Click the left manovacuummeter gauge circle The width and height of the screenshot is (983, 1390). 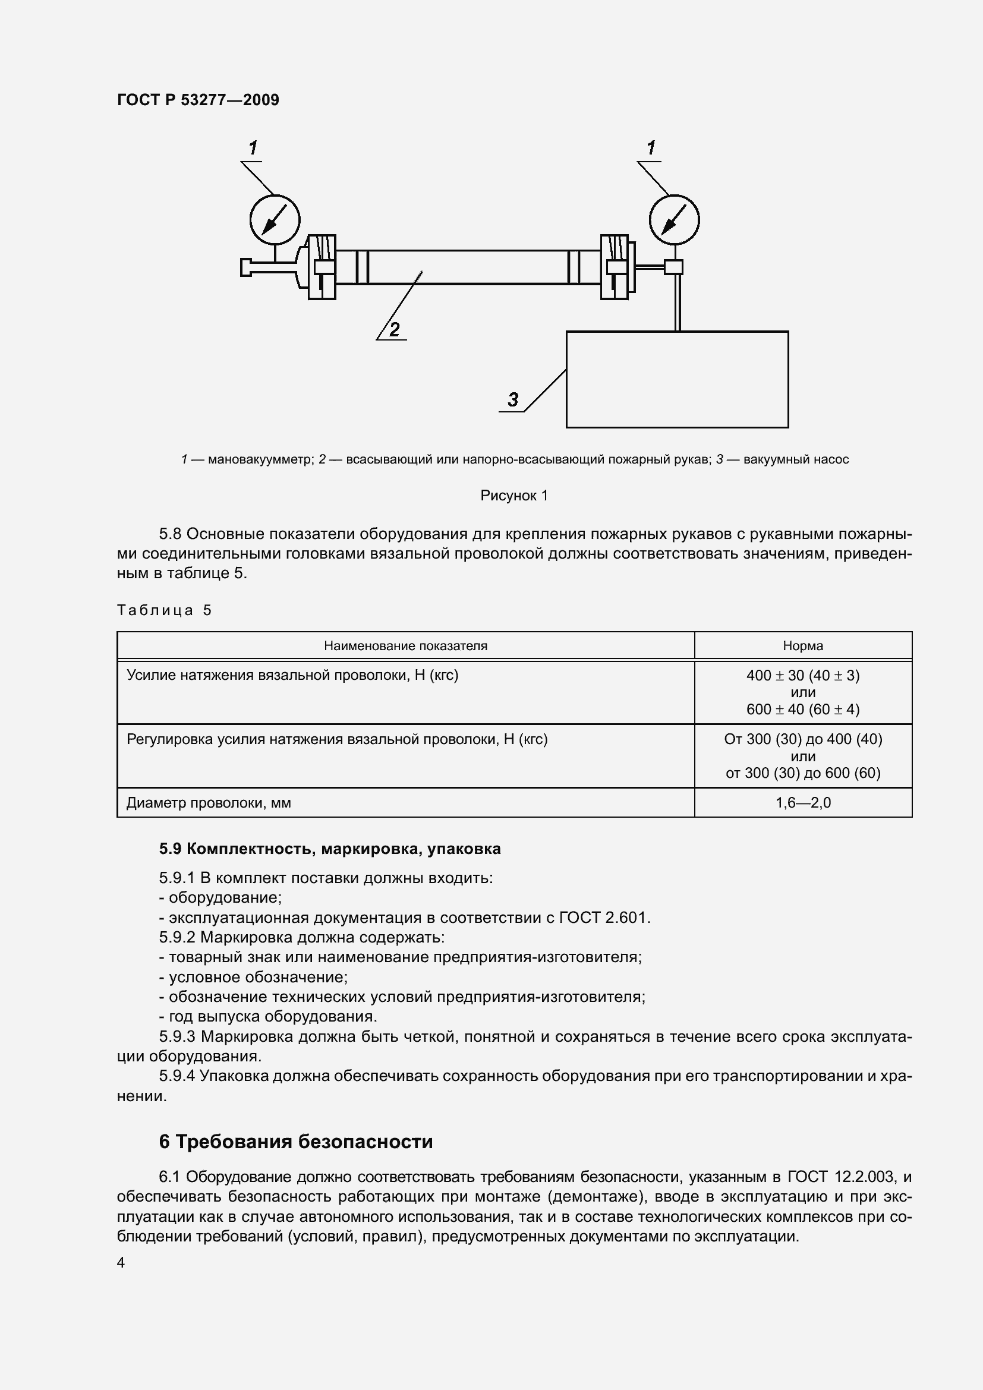tap(275, 219)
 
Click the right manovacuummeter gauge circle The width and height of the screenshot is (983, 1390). tap(675, 219)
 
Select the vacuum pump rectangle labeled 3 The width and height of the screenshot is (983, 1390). tap(677, 379)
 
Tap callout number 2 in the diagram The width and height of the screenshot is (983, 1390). tap(395, 330)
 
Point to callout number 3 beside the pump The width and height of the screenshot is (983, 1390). tap(513, 399)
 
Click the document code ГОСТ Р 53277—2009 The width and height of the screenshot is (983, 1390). tap(198, 100)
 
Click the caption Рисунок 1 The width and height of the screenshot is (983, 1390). tap(514, 495)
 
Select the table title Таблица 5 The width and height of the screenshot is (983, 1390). tap(164, 610)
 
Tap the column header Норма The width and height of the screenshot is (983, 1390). tap(802, 645)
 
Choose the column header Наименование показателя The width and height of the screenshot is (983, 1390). tap(405, 645)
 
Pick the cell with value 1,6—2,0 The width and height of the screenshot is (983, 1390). tap(802, 803)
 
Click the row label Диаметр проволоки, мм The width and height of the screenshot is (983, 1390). tap(209, 803)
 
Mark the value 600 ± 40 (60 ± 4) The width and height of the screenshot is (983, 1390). tap(802, 709)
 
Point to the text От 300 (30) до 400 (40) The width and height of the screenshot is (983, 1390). tap(802, 739)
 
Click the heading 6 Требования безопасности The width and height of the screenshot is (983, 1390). tap(296, 1141)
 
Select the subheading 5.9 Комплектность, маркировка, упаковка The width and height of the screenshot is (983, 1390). tap(330, 849)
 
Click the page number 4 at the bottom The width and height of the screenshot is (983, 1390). tap(121, 1263)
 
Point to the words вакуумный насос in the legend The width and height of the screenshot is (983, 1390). tap(796, 459)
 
